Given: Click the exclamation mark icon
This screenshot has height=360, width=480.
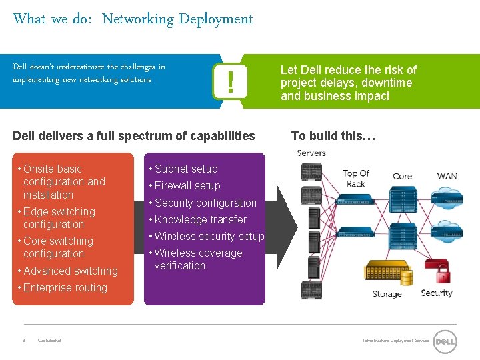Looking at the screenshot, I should [230, 82].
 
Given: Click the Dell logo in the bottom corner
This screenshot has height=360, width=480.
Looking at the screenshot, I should [445, 341].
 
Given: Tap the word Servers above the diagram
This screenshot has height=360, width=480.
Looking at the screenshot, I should [311, 153].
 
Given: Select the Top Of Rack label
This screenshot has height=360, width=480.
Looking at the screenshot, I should [355, 178].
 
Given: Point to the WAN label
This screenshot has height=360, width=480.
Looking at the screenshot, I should [447, 176].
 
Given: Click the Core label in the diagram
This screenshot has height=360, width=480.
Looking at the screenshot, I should [402, 176].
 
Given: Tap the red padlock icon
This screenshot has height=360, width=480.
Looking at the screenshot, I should [443, 275].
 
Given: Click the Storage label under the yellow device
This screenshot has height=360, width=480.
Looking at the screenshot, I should [387, 294].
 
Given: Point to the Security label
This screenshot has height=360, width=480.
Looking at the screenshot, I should [436, 293].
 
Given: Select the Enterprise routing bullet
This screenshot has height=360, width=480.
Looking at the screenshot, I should [65, 288].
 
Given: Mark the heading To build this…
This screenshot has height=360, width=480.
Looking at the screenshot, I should [333, 136].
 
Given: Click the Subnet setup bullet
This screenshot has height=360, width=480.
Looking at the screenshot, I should [186, 169].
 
